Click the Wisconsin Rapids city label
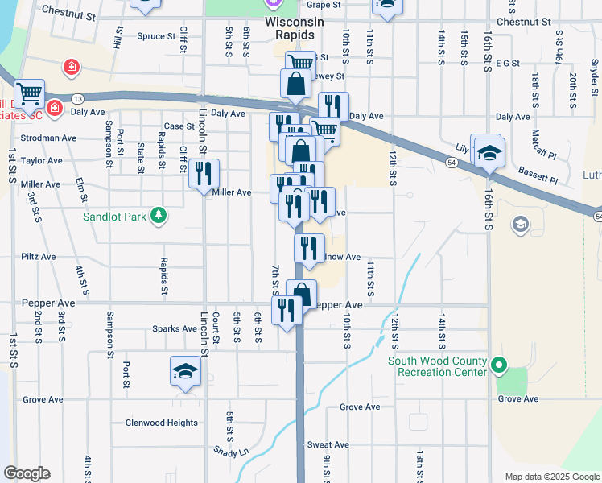(294, 28)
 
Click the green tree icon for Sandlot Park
(159, 215)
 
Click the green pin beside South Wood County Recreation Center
(499, 366)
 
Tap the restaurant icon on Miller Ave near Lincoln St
(204, 172)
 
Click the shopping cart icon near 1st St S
(29, 93)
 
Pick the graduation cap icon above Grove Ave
(185, 371)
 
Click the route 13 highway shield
(77, 98)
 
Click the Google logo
(27, 473)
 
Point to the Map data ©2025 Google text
(552, 477)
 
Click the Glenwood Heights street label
(161, 423)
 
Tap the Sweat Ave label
(328, 444)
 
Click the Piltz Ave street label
(38, 256)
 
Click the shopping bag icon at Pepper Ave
(302, 294)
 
